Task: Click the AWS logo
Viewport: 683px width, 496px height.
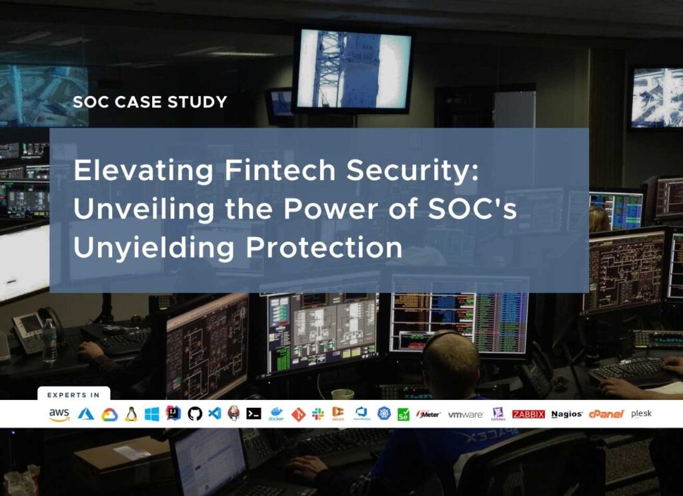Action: [59, 415]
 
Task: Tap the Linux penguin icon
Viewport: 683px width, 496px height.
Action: [131, 414]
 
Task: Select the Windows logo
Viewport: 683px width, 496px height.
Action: [152, 414]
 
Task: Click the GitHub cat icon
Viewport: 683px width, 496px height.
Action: [194, 414]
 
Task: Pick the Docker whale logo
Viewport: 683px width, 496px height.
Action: [275, 414]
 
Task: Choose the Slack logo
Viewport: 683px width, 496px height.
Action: [318, 414]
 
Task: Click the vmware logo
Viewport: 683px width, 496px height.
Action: [465, 415]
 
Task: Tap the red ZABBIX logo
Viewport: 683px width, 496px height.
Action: [528, 414]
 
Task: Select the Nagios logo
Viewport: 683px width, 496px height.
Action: [567, 414]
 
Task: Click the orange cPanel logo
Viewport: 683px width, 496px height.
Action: [606, 414]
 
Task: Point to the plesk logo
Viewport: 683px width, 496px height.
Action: [641, 414]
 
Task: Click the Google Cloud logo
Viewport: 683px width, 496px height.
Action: [109, 415]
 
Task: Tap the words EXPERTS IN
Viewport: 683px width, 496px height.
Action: [73, 395]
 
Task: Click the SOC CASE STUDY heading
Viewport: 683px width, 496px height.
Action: [149, 102]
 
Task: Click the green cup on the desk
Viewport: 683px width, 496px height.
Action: [342, 394]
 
